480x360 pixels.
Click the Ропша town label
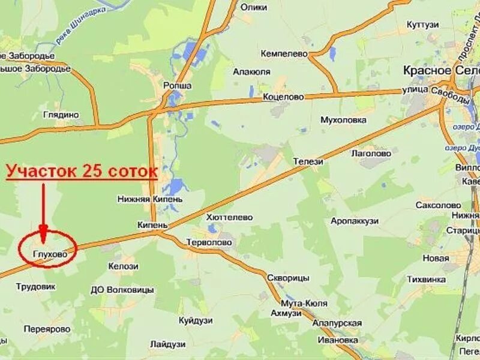[x=178, y=86]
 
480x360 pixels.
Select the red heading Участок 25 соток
[x=82, y=172]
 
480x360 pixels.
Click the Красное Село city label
[x=441, y=70]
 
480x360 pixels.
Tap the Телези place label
[x=308, y=161]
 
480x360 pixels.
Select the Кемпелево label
[x=284, y=54]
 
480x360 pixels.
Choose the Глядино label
[x=61, y=115]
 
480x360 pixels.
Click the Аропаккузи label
[x=355, y=221]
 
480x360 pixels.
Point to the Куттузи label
[x=422, y=24]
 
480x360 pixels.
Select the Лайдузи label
[x=167, y=344]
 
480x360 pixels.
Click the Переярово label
[x=47, y=329]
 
